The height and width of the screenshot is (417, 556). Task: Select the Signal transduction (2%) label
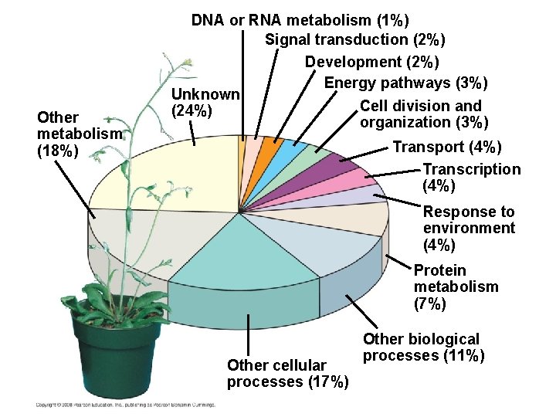point(354,39)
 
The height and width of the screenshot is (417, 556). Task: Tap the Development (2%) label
point(371,62)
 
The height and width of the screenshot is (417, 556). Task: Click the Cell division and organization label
point(420,114)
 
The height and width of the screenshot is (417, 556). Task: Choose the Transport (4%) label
point(447,147)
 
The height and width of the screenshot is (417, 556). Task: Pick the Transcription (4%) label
point(471,178)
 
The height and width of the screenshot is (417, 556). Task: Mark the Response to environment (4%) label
point(469,229)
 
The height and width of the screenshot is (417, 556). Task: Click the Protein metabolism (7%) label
point(456,286)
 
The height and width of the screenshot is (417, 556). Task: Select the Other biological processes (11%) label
point(423,347)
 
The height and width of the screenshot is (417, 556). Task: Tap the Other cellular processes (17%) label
point(287,374)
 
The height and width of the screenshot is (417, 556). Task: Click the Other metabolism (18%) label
point(78,134)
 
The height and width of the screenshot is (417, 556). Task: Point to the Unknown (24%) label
point(205,103)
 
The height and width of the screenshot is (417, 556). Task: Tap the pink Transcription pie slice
point(347,181)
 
